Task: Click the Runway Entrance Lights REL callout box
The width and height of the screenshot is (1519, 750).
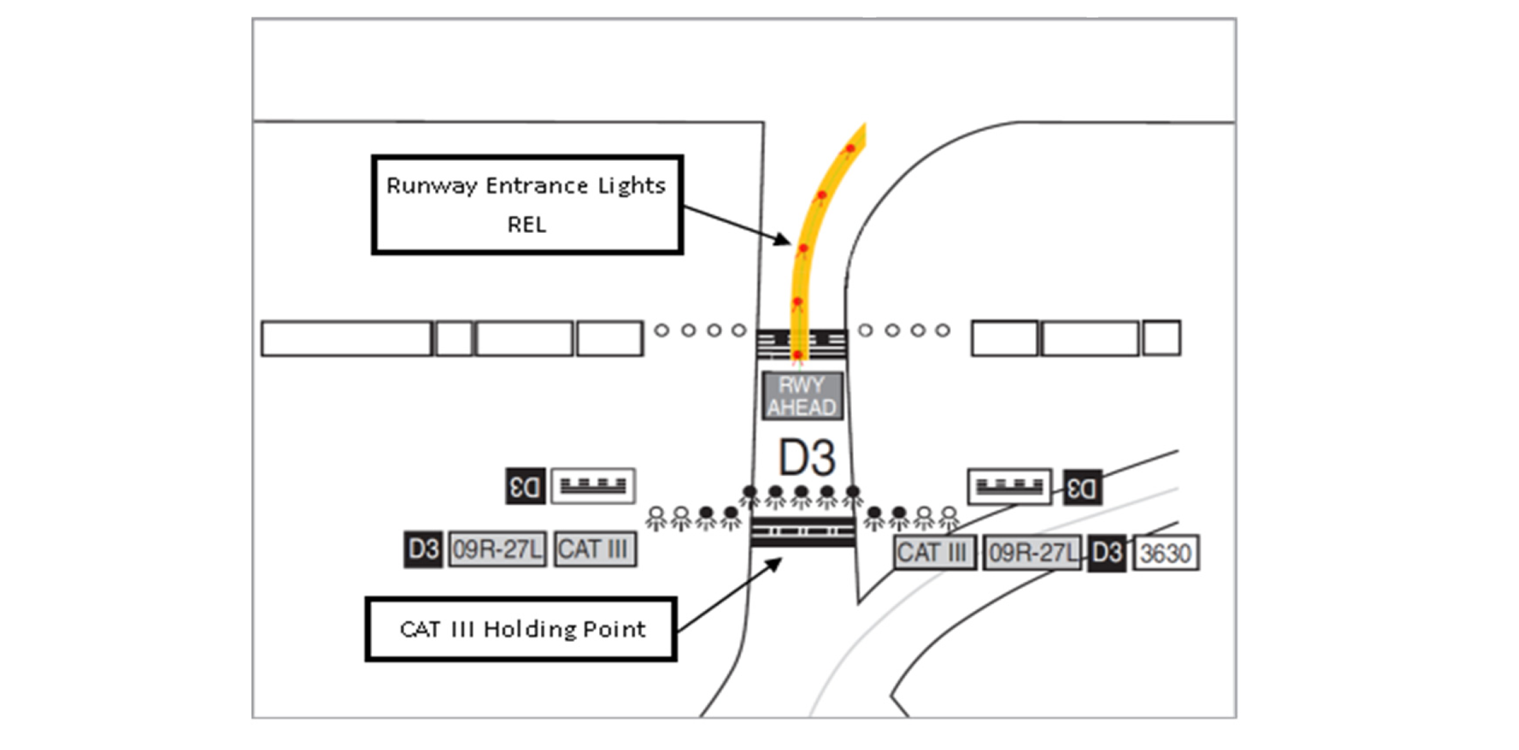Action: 527,205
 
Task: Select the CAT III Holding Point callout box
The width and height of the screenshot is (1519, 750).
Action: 521,629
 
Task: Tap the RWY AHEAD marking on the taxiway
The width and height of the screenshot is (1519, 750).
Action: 802,396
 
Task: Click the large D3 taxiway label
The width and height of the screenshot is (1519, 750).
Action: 807,458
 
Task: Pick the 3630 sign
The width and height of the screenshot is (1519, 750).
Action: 1165,553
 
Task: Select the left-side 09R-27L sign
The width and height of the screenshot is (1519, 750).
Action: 497,549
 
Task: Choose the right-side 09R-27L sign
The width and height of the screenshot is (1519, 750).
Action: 1032,553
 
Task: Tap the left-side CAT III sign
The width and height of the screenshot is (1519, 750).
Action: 594,549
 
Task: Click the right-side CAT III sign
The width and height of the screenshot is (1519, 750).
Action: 934,553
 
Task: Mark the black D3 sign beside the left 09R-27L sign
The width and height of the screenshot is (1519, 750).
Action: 423,549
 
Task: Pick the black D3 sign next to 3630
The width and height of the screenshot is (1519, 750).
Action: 1107,553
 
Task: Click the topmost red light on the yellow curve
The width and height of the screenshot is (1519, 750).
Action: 850,149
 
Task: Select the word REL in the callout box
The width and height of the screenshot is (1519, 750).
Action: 526,224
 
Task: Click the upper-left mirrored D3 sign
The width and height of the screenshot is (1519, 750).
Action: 525,486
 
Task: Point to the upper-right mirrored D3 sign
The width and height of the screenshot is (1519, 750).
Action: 1082,488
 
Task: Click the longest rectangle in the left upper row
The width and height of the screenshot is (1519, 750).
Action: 346,338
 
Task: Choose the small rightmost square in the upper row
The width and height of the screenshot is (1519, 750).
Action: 1161,338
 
